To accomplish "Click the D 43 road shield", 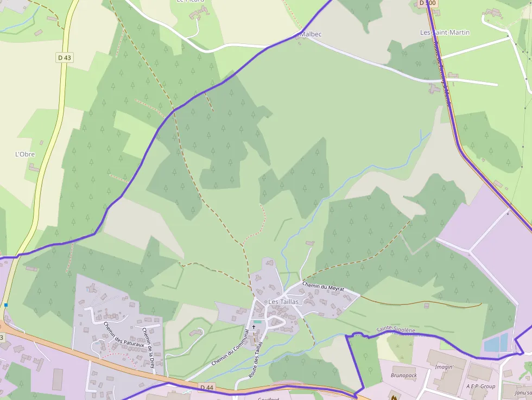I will tap(65, 57).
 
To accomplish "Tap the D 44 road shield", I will tap(206, 387).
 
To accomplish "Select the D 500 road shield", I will tap(427, 3).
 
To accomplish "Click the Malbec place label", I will tap(311, 34).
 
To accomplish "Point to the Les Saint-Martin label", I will tap(445, 33).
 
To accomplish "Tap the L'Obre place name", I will tap(25, 154).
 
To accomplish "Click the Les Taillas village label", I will tap(283, 302).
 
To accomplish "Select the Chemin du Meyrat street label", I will tap(324, 287).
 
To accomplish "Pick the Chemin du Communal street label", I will tap(230, 347).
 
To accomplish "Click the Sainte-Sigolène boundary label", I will tap(396, 330).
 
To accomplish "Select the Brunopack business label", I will tap(404, 375).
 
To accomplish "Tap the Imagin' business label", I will tap(444, 367).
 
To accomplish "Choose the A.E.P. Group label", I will tap(480, 386).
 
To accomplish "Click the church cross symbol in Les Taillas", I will tap(254, 327).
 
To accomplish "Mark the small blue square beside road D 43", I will tap(6, 305).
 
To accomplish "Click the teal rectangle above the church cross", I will tap(257, 322).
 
